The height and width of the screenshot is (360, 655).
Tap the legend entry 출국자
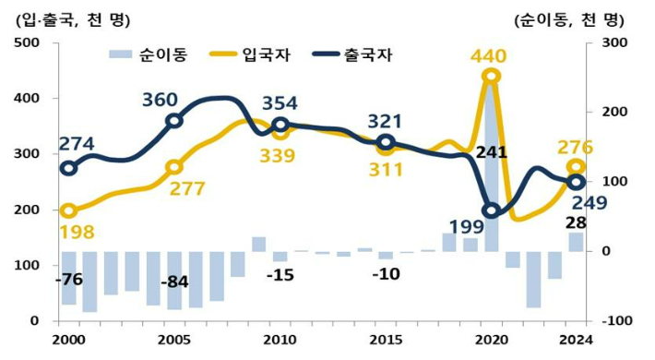click(351, 54)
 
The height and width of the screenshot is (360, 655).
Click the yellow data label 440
click(487, 56)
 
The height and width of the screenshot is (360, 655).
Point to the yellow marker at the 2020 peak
click(492, 77)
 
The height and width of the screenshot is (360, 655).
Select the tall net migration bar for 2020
click(492, 166)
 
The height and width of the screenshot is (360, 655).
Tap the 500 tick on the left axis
click(25, 43)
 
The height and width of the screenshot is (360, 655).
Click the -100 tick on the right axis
click(613, 320)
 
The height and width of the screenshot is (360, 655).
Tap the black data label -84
click(174, 281)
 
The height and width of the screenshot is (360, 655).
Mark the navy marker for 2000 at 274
click(68, 168)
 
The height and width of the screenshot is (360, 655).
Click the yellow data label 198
click(76, 232)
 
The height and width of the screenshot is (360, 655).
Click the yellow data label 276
click(576, 147)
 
